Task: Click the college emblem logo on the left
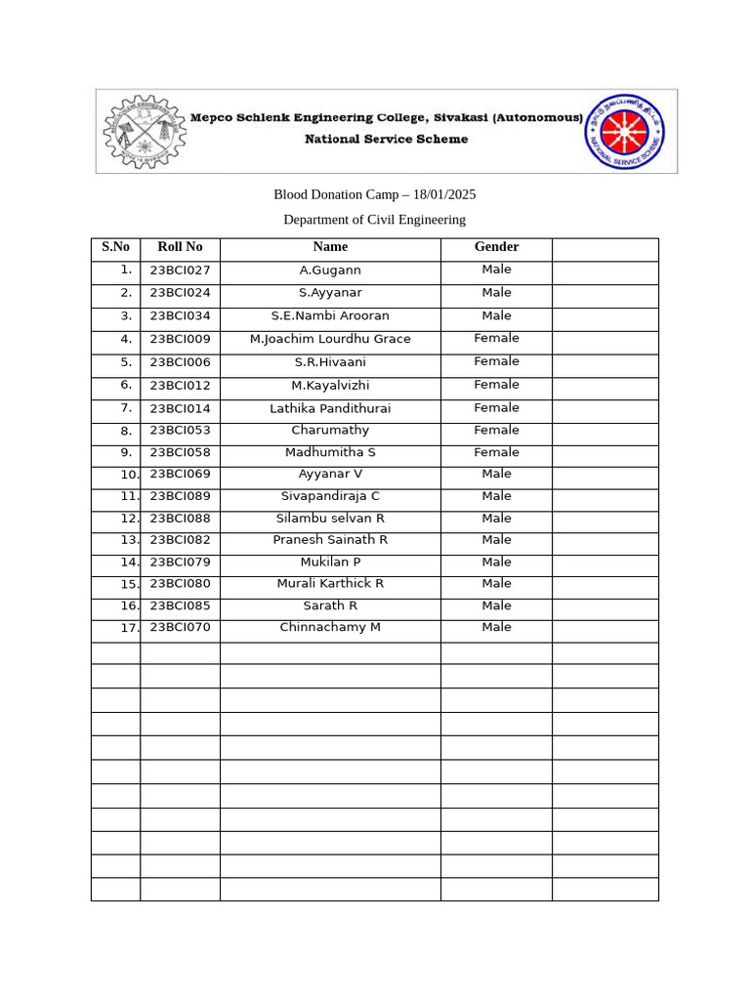click(x=145, y=131)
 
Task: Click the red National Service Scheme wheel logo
click(x=625, y=131)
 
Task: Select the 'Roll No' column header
click(x=180, y=247)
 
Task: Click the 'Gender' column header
click(x=496, y=247)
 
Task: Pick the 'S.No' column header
click(x=115, y=247)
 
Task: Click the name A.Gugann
click(x=330, y=271)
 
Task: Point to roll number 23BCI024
click(x=180, y=293)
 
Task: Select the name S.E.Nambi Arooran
click(x=330, y=316)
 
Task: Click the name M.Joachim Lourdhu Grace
click(x=330, y=339)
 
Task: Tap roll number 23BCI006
click(x=180, y=362)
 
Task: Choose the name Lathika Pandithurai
click(x=330, y=408)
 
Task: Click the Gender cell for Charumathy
click(x=496, y=430)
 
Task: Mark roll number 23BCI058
click(x=180, y=453)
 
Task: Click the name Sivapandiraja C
click(x=330, y=496)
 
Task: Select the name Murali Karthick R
click(x=330, y=584)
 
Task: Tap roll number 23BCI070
click(x=180, y=627)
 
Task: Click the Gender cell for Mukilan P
click(x=496, y=562)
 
